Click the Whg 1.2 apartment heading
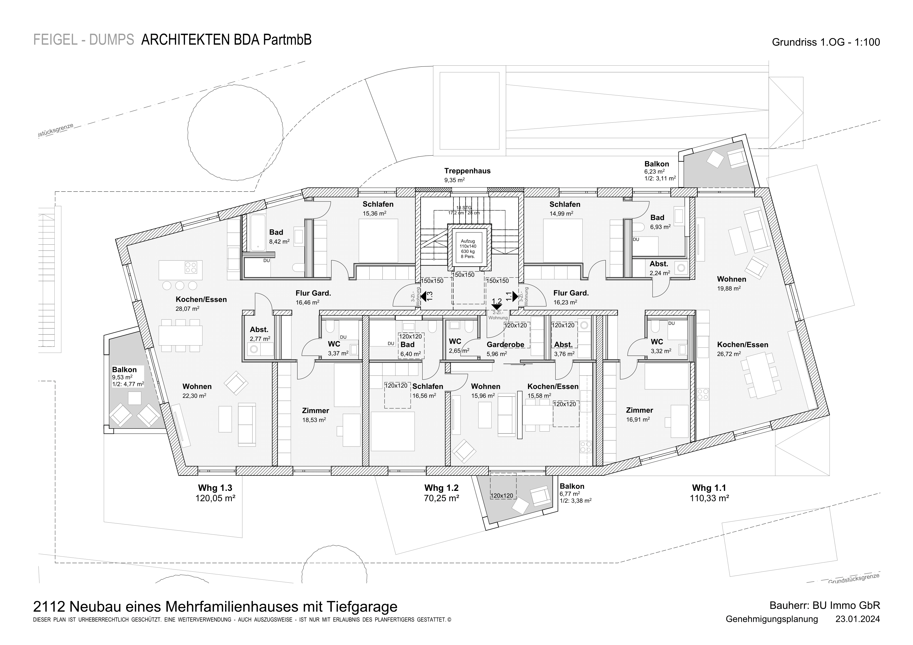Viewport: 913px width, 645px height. (x=441, y=488)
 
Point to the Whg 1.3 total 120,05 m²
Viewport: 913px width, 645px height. (x=215, y=498)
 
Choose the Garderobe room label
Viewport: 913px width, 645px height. (x=505, y=344)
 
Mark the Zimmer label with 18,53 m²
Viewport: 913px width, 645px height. (x=316, y=411)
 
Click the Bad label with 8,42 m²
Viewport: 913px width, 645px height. (x=276, y=232)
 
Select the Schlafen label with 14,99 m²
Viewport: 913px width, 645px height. (x=565, y=204)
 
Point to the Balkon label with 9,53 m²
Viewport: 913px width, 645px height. (x=124, y=370)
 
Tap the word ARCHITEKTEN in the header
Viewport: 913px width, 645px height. (x=185, y=40)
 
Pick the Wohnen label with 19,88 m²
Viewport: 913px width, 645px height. (x=732, y=279)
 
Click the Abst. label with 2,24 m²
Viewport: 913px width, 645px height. (x=659, y=264)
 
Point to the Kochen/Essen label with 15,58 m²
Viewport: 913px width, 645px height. (x=553, y=386)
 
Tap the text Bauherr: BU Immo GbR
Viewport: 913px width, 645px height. (x=825, y=606)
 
